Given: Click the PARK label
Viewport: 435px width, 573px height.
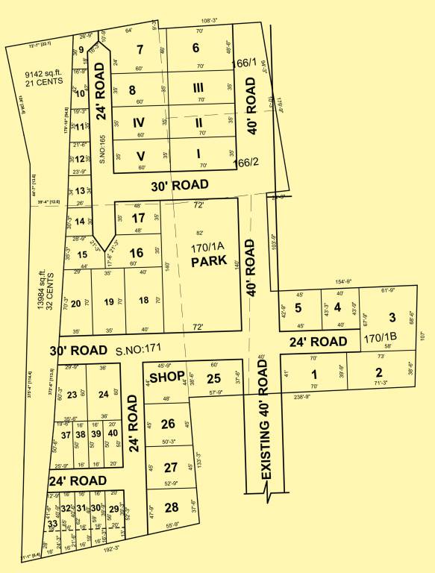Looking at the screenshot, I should click(203, 263).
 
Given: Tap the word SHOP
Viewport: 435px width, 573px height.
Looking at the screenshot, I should click(166, 378).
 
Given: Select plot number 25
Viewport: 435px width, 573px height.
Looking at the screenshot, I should click(214, 378).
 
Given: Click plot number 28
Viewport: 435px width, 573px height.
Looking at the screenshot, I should click(172, 508).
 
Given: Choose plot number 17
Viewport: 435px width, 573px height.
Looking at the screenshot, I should click(138, 218).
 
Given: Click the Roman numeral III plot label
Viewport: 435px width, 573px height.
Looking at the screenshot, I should click(198, 89).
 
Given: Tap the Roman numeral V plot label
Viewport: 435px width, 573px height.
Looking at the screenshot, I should click(139, 156).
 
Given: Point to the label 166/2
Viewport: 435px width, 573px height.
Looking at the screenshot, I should click(245, 162).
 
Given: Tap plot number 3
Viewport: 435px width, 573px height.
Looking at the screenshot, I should click(392, 317).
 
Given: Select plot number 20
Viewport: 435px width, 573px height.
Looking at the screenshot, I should click(75, 302).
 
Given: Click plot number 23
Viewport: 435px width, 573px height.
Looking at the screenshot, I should click(72, 395).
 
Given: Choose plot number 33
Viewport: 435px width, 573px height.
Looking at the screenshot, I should click(53, 525).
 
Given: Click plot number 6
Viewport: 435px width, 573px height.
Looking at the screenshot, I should click(196, 49).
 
